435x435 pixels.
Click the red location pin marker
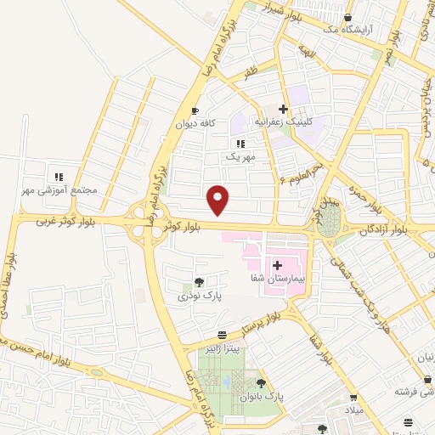tap(219, 200)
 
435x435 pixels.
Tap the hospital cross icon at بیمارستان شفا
tap(277, 266)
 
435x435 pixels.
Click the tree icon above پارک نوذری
tap(199, 282)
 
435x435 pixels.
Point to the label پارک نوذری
tap(199, 296)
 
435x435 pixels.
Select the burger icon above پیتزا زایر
tap(222, 335)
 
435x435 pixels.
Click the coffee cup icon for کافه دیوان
tap(195, 110)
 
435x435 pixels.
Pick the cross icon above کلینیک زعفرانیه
tap(284, 109)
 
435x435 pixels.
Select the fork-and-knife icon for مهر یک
tap(240, 144)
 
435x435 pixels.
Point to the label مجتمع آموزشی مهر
tap(62, 189)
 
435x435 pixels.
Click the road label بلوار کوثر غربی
tap(65, 222)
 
